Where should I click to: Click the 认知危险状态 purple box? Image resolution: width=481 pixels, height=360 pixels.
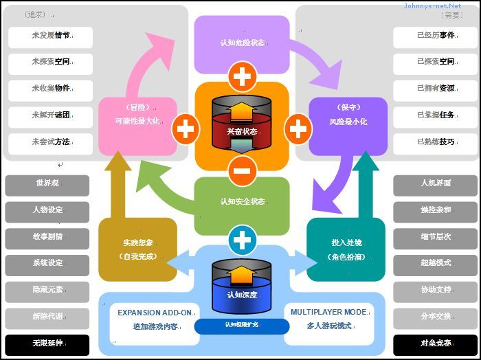tap(242, 43)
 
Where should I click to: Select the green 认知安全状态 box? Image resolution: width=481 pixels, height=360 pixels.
tap(242, 202)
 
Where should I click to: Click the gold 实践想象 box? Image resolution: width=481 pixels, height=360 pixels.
tap(137, 249)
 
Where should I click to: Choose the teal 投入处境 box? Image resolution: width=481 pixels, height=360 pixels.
tap(346, 249)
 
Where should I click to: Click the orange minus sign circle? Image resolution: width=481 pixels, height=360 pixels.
tap(242, 169)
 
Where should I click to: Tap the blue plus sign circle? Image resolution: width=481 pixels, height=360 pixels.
tap(242, 240)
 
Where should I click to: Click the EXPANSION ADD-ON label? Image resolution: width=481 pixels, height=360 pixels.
tap(155, 313)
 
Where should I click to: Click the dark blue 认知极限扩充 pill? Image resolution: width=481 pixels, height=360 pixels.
tap(242, 325)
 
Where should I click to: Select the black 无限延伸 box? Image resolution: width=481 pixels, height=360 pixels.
tap(47, 343)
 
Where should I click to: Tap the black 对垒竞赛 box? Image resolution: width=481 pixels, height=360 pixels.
tap(436, 343)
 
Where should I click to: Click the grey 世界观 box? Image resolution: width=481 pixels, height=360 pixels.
tap(47, 184)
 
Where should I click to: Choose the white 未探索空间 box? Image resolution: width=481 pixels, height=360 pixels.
tap(50, 62)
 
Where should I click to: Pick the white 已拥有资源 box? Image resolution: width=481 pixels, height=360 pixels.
tap(436, 89)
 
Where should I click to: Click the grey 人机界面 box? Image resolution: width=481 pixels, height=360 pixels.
tap(436, 184)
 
